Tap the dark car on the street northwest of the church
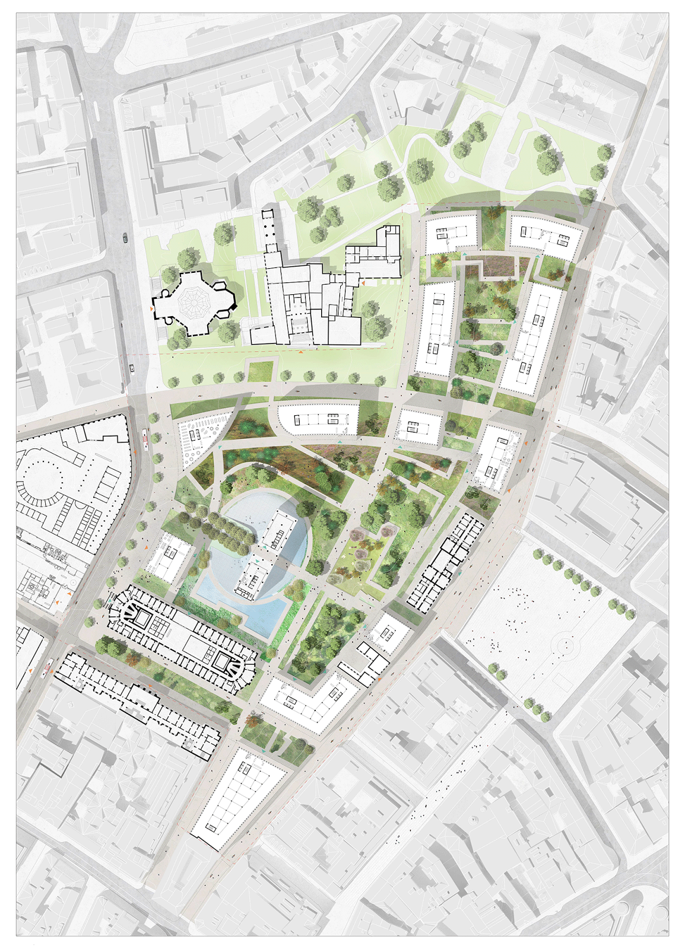click(125, 238)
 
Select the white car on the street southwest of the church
click(132, 368)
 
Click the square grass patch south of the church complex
click(259, 371)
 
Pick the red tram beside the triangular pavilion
click(145, 440)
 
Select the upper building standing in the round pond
click(278, 531)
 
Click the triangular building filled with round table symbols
click(200, 441)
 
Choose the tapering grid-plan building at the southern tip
click(237, 798)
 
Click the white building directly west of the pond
click(169, 556)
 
